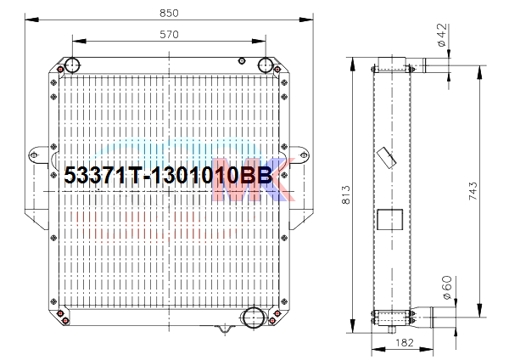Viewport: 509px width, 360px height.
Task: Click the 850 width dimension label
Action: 169,13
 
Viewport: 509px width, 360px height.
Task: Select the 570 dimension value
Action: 169,35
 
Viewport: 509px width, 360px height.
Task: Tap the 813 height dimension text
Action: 346,195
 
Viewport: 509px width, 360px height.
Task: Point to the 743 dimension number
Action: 473,191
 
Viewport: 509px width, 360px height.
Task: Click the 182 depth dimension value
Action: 405,342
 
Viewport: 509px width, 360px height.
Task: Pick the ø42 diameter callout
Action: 442,35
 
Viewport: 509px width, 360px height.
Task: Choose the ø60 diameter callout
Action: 447,288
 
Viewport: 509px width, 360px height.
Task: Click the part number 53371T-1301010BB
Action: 168,176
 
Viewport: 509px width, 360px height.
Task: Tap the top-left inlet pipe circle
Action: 72,65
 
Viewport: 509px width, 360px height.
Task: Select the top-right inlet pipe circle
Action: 266,65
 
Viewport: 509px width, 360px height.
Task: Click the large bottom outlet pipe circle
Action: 254,318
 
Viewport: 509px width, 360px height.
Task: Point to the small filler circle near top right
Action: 242,61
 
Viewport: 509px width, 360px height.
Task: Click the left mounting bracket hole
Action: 34,155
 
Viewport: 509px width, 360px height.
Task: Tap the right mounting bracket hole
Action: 304,155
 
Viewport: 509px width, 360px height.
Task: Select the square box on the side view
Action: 390,219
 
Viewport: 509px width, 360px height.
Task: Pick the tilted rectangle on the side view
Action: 387,158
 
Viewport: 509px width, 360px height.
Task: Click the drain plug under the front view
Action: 225,329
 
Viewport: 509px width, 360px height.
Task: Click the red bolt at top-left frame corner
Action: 60,70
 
